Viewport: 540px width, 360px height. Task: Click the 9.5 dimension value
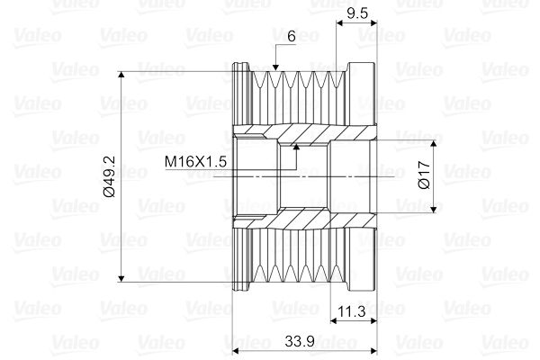[x=357, y=13]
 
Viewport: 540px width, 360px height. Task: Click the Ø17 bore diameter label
[x=424, y=175]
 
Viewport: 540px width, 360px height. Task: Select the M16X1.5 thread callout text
[x=195, y=161]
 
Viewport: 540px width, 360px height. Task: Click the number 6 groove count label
[x=292, y=36]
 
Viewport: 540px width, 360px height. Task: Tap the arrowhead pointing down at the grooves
[x=275, y=67]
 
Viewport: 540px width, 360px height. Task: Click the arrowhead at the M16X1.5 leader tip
[x=296, y=147]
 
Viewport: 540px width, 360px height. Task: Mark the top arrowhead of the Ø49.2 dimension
[x=121, y=75]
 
